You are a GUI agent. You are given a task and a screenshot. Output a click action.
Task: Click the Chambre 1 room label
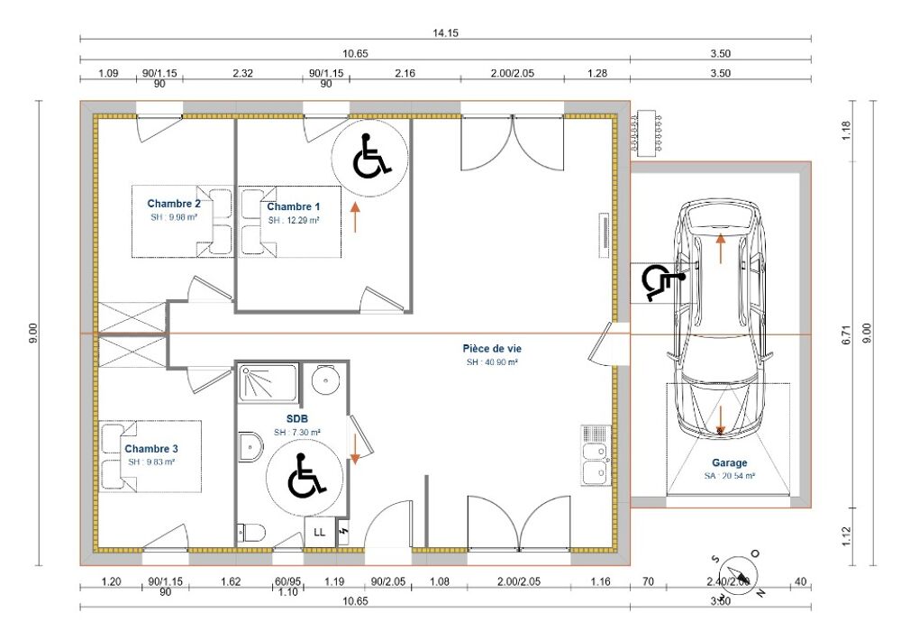[294, 206]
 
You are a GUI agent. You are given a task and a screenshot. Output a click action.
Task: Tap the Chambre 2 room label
[174, 204]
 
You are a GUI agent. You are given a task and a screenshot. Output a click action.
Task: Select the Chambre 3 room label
[150, 448]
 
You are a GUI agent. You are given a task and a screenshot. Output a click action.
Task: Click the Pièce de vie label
[492, 348]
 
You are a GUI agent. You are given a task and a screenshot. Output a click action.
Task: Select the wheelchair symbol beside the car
[661, 282]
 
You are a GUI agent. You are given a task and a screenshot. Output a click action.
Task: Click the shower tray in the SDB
[267, 384]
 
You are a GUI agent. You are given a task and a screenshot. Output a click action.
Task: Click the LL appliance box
[319, 533]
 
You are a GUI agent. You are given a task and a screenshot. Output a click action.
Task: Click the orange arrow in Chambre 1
[356, 217]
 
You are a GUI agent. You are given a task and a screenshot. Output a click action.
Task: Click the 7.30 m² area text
[298, 433]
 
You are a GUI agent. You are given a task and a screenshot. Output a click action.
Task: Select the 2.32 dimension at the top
[241, 72]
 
